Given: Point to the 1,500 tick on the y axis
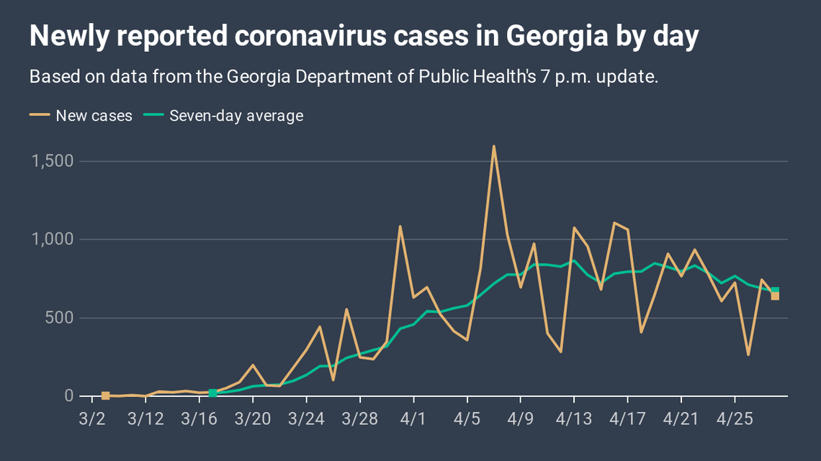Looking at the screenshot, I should point(53,161).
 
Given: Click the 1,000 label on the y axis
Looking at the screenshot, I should point(53,239).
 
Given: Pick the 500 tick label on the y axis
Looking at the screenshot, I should point(59,318).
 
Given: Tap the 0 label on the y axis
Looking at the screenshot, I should point(69,396).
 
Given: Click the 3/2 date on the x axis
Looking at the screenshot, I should point(91,418).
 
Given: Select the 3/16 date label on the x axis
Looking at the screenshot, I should point(199,418).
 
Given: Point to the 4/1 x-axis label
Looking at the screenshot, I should point(413,418).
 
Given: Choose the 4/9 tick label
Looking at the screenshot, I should point(521,418).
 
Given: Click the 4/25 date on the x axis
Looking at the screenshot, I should point(735,418).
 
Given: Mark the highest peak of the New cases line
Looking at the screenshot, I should point(493,147).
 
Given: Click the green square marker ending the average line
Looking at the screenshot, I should point(775,291).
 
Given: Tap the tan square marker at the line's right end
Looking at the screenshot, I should point(775,296).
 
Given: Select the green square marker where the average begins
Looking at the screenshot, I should point(212,393).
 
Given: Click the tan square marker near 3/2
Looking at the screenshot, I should point(105,396).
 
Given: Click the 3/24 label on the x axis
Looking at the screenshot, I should point(306,418).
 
